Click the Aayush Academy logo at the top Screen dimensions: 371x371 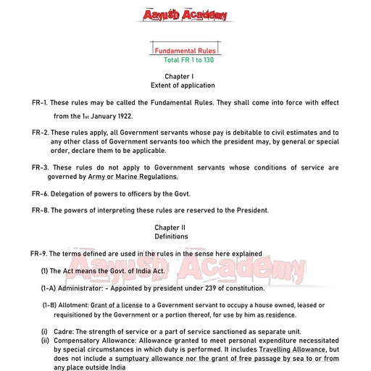click(185, 14)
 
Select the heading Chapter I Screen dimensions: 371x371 click(179, 76)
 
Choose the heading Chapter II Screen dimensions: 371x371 click(171, 228)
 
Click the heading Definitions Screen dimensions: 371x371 click(171, 236)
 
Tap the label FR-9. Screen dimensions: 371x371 click(39, 254)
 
